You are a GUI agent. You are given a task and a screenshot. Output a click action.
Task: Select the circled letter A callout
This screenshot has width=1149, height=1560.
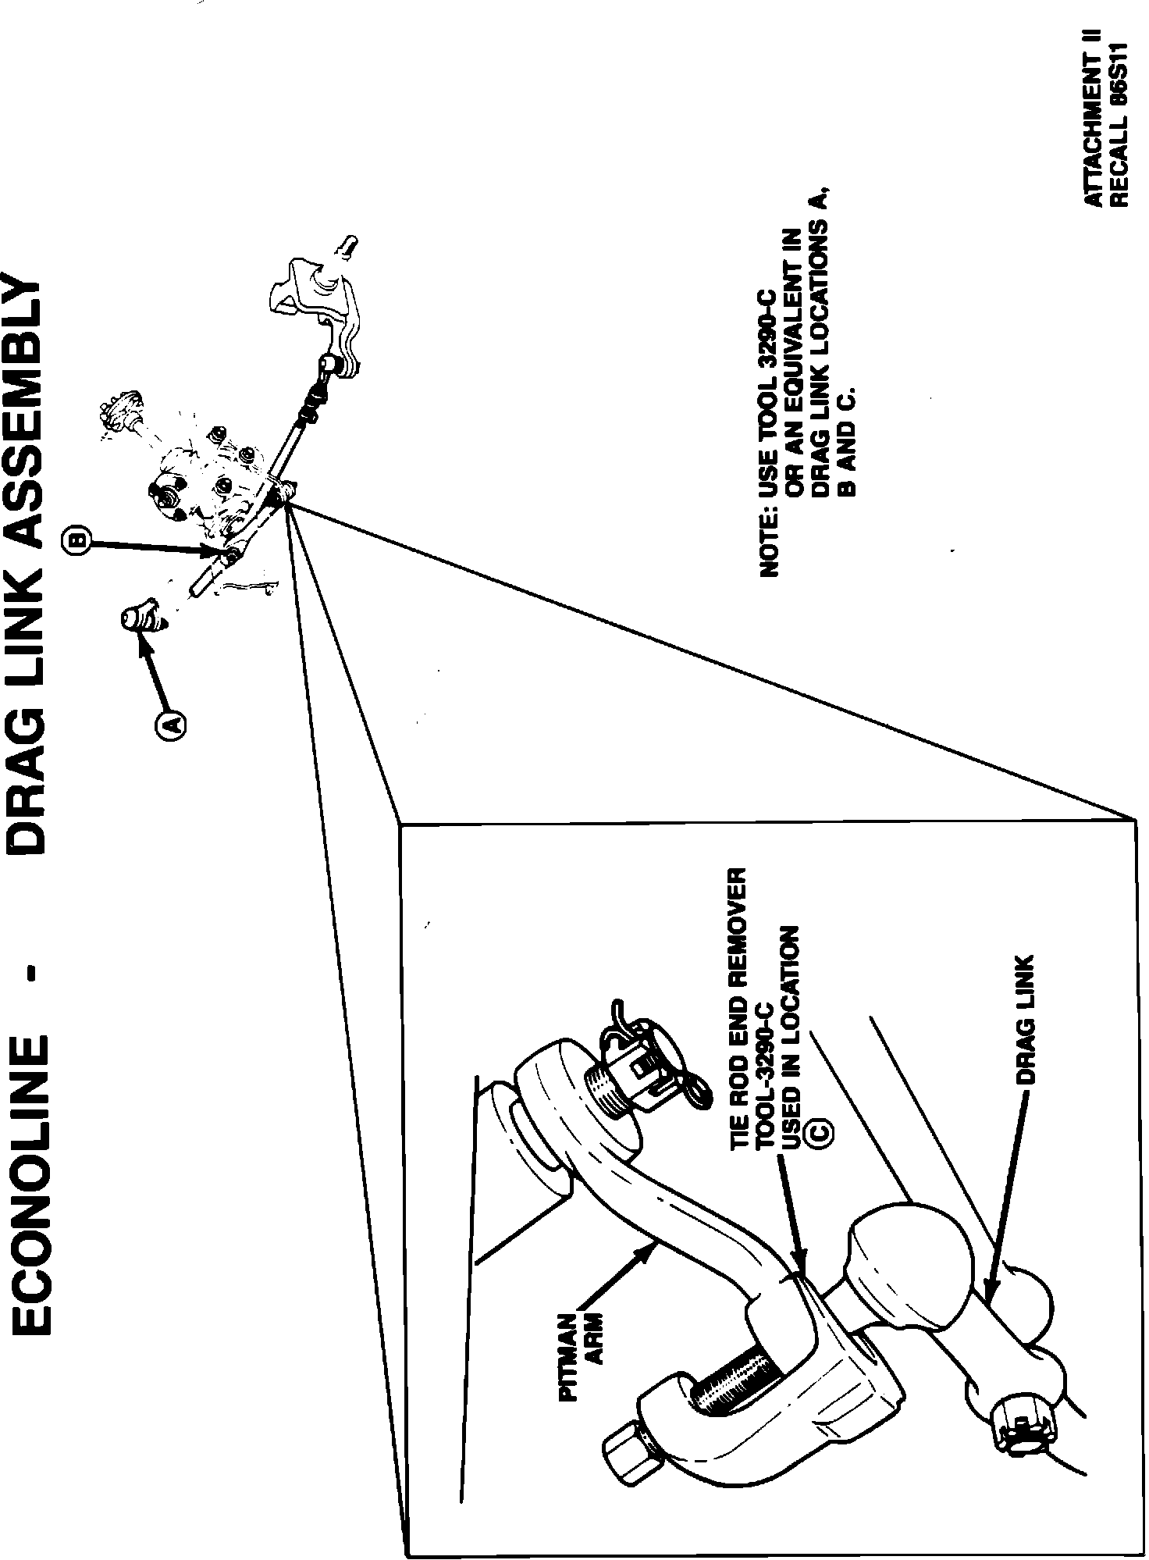pos(172,724)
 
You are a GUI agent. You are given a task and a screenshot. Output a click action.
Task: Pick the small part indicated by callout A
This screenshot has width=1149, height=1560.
pos(141,617)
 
